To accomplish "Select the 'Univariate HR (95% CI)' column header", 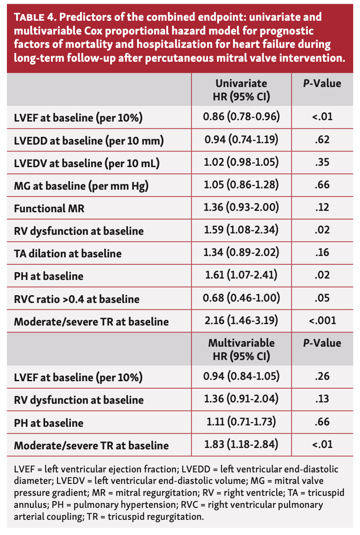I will (241, 90).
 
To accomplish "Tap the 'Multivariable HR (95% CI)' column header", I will (241, 349).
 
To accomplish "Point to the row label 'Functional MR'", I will (49, 208).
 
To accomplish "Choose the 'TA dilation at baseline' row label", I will (68, 253).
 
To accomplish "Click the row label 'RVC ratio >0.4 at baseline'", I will (76, 299).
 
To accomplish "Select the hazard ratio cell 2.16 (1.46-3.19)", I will (241, 320).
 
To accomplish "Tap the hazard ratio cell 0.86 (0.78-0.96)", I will (241, 117).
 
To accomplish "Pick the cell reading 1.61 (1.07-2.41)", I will (241, 275).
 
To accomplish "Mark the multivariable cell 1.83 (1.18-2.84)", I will (241, 445).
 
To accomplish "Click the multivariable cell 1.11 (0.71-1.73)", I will (241, 422).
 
